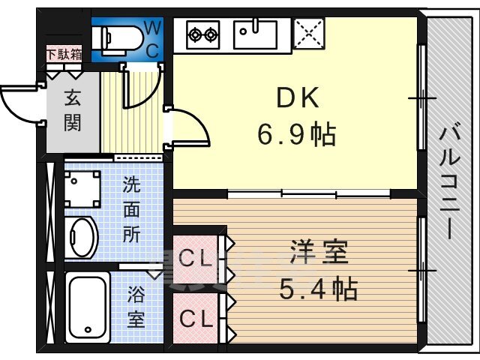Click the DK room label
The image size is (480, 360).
pos(297,97)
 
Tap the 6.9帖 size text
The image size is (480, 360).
pos(297,134)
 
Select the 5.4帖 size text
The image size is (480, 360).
pos(318,288)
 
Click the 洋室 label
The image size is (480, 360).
pos(319,252)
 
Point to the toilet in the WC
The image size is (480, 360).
pos(118,40)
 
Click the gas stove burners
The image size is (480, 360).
pos(202,34)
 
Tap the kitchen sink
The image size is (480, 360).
pos(255,34)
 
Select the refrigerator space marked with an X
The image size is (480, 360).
pos(308,33)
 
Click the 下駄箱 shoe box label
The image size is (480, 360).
pos(64,55)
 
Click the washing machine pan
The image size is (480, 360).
pos(82,189)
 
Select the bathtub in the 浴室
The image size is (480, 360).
pos(88,307)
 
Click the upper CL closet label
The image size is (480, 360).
pos(195,259)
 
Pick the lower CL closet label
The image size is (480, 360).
pos(196,318)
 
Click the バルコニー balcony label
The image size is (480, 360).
pos(450,183)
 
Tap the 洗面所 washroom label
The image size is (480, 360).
pos(132,210)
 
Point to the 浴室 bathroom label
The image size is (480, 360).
pos(136,307)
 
